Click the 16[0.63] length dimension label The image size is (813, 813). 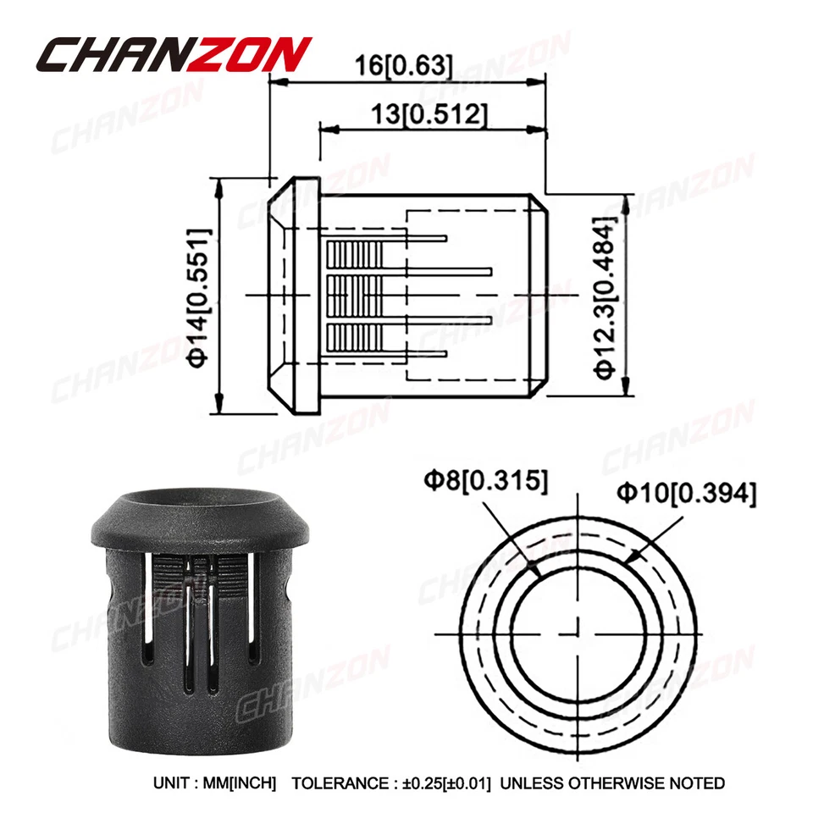point(405,65)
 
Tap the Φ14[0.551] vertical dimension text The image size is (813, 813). point(197,296)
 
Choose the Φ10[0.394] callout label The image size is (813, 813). point(686,492)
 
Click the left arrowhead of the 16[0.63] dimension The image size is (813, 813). point(276,82)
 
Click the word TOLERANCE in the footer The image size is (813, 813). point(334,783)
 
